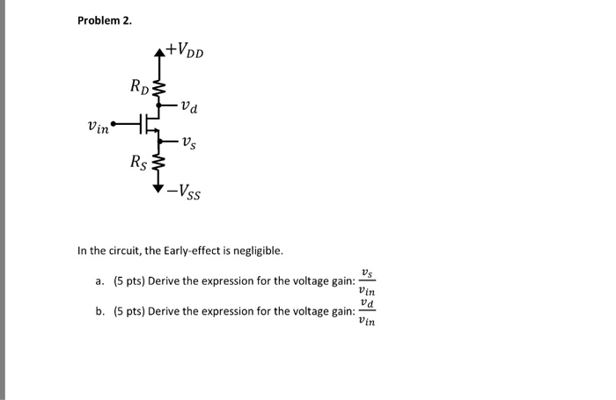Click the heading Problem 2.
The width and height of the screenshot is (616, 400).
point(104,21)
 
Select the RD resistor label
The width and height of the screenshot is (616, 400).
point(140,85)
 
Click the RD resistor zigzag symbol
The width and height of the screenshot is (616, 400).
point(159,88)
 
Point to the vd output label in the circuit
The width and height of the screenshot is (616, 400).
point(188,108)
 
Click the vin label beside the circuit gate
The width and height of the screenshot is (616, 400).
point(98,127)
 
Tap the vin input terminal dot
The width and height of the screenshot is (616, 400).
point(114,124)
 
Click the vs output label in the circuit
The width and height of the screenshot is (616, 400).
point(190,142)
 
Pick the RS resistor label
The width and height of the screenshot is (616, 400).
point(139,162)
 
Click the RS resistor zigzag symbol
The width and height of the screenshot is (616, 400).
point(159,164)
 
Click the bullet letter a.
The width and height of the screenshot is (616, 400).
point(99,282)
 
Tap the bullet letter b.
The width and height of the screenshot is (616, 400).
point(99,311)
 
